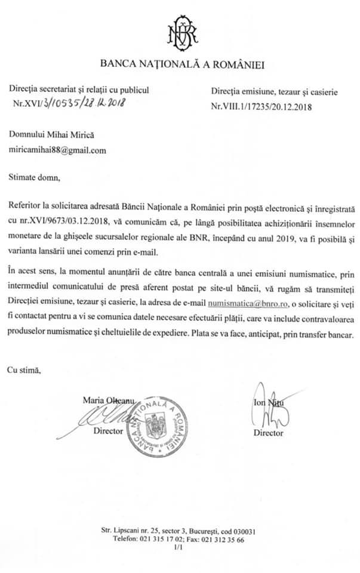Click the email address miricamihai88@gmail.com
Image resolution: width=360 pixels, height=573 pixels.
pyautogui.click(x=57, y=150)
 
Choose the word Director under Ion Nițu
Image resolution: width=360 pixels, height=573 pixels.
pyautogui.click(x=268, y=433)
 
